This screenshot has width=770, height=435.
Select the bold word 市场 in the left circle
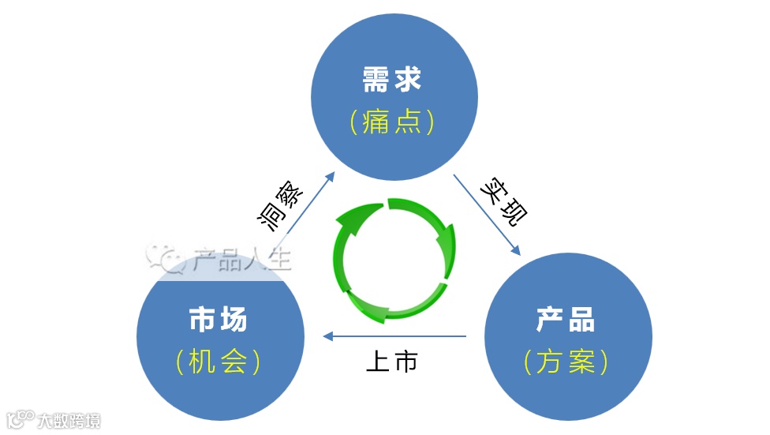tap(219, 320)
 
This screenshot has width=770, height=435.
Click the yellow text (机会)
tap(219, 362)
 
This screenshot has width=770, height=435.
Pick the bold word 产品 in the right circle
tap(566, 320)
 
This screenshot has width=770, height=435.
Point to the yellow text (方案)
tap(566, 362)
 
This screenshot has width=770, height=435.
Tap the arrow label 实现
tap(505, 202)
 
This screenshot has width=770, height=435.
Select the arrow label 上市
tap(391, 362)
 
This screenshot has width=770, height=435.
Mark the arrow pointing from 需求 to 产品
tap(487, 214)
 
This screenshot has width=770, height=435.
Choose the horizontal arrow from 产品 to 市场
tap(394, 337)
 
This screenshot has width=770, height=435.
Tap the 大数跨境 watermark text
tap(71, 421)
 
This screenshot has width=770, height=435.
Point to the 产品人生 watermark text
tap(241, 259)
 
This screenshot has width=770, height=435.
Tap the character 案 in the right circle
tap(580, 362)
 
